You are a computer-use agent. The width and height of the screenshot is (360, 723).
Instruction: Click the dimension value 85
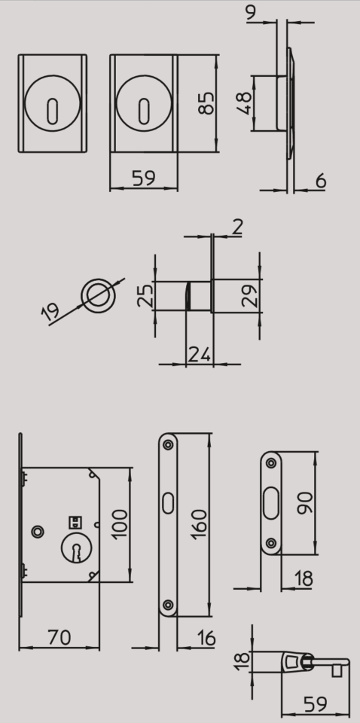(206, 103)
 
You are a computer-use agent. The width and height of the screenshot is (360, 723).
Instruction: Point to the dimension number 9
(251, 13)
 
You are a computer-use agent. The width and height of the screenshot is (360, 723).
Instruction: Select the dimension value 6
(321, 182)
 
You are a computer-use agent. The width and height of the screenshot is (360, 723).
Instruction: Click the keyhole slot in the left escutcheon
(53, 111)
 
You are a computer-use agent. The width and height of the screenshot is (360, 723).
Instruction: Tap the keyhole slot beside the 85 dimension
(144, 111)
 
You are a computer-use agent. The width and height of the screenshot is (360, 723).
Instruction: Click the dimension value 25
(145, 295)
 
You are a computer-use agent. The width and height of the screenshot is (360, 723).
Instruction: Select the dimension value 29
(249, 295)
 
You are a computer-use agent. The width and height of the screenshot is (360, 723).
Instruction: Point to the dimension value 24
(200, 355)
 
